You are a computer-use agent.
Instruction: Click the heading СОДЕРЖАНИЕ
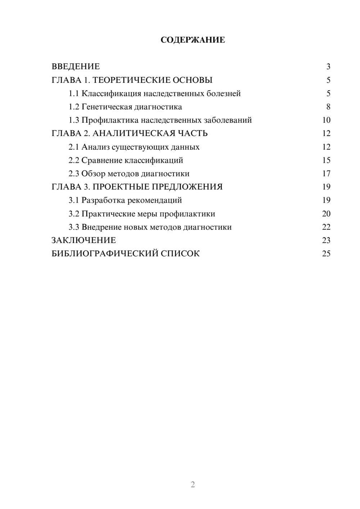(193, 40)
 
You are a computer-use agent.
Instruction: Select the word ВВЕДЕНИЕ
(76, 67)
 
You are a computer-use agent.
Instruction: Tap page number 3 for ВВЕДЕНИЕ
(328, 67)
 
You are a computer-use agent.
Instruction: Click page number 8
(328, 107)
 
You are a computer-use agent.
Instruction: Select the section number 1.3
(74, 120)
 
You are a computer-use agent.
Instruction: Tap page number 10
(326, 120)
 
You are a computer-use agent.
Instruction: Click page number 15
(326, 160)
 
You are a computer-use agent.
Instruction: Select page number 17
(326, 174)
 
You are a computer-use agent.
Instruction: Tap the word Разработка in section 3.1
(104, 200)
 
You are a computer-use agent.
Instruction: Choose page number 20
(326, 214)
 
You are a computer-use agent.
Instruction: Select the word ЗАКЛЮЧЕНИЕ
(84, 240)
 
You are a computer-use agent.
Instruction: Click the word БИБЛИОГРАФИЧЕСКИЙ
(105, 254)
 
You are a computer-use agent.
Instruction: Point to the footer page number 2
(193, 485)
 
